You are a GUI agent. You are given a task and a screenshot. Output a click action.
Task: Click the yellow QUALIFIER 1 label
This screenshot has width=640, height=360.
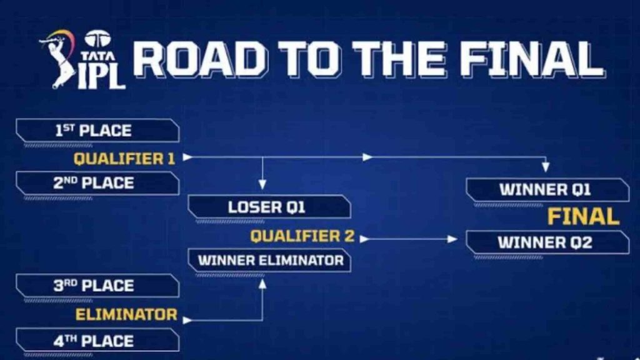click(x=124, y=159)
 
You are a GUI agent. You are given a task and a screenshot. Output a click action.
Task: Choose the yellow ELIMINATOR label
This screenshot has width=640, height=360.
click(x=126, y=314)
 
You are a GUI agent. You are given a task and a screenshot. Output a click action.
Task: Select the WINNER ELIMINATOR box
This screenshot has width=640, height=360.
click(x=269, y=260)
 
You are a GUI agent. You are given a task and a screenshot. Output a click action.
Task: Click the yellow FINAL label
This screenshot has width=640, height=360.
click(x=583, y=216)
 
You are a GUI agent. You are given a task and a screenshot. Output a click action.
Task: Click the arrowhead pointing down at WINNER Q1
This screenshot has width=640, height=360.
click(x=546, y=167)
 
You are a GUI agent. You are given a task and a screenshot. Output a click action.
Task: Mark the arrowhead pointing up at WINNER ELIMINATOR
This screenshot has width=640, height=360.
click(x=262, y=283)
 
